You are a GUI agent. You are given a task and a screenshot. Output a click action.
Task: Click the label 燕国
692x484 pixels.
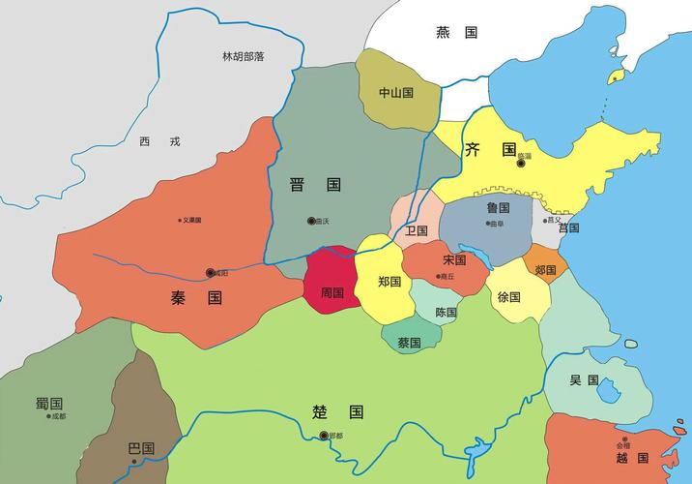click(457, 32)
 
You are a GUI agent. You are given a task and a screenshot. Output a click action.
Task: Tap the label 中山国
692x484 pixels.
click(395, 93)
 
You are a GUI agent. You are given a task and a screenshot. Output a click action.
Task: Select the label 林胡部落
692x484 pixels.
click(243, 57)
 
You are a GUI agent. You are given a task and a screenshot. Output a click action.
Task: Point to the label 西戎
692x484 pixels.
click(159, 141)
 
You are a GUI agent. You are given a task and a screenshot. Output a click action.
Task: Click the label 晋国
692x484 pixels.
click(315, 184)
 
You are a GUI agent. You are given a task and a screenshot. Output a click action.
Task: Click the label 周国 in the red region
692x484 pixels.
click(332, 292)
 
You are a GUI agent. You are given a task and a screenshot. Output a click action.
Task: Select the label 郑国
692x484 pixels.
click(389, 282)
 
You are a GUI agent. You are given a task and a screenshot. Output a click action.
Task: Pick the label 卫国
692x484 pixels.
click(417, 230)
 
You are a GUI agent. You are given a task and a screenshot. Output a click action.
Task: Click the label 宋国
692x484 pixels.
click(453, 260)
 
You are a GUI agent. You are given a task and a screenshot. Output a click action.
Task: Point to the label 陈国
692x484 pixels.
click(446, 313)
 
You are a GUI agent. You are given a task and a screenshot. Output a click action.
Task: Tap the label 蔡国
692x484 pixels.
click(409, 342)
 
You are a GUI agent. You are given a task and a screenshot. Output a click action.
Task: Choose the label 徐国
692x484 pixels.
click(509, 297)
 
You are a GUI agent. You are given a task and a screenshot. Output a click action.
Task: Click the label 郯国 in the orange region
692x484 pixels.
click(545, 270)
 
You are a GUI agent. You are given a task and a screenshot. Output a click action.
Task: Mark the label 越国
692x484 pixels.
click(630, 457)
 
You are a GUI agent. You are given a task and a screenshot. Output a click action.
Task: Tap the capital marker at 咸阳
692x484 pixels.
click(211, 273)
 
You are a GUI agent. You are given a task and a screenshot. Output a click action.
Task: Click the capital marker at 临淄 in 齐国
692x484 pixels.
click(521, 163)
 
